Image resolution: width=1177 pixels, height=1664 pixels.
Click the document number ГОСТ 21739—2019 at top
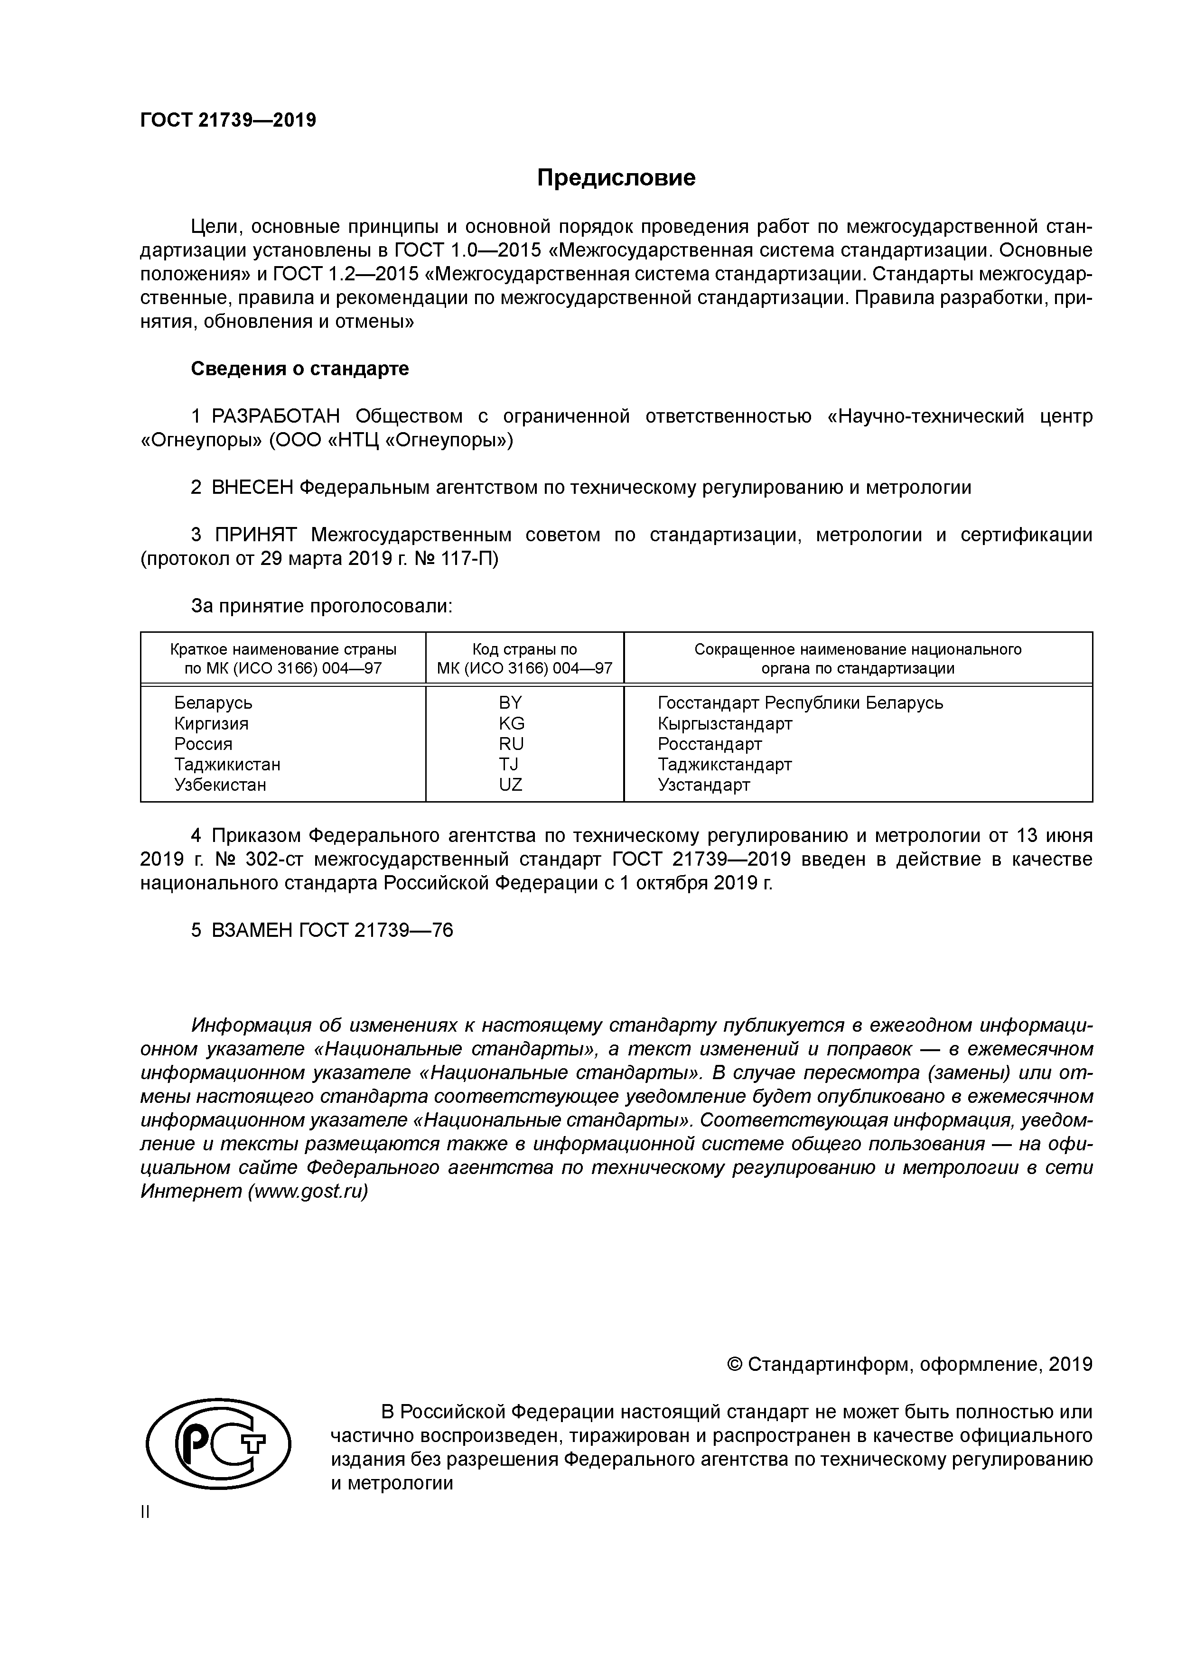pos(228,120)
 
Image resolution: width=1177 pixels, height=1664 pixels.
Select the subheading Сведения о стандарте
pos(299,369)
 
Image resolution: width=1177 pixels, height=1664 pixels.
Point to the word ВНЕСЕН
pos(252,487)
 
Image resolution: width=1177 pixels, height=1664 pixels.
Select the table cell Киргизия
pos(211,723)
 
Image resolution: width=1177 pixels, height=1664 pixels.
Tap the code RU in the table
pos(511,744)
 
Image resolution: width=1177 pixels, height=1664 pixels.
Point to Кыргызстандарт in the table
pos(725,723)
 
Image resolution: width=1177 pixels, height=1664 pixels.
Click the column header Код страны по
pos(524,649)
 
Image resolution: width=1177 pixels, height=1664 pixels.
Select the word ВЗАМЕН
pos(252,930)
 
